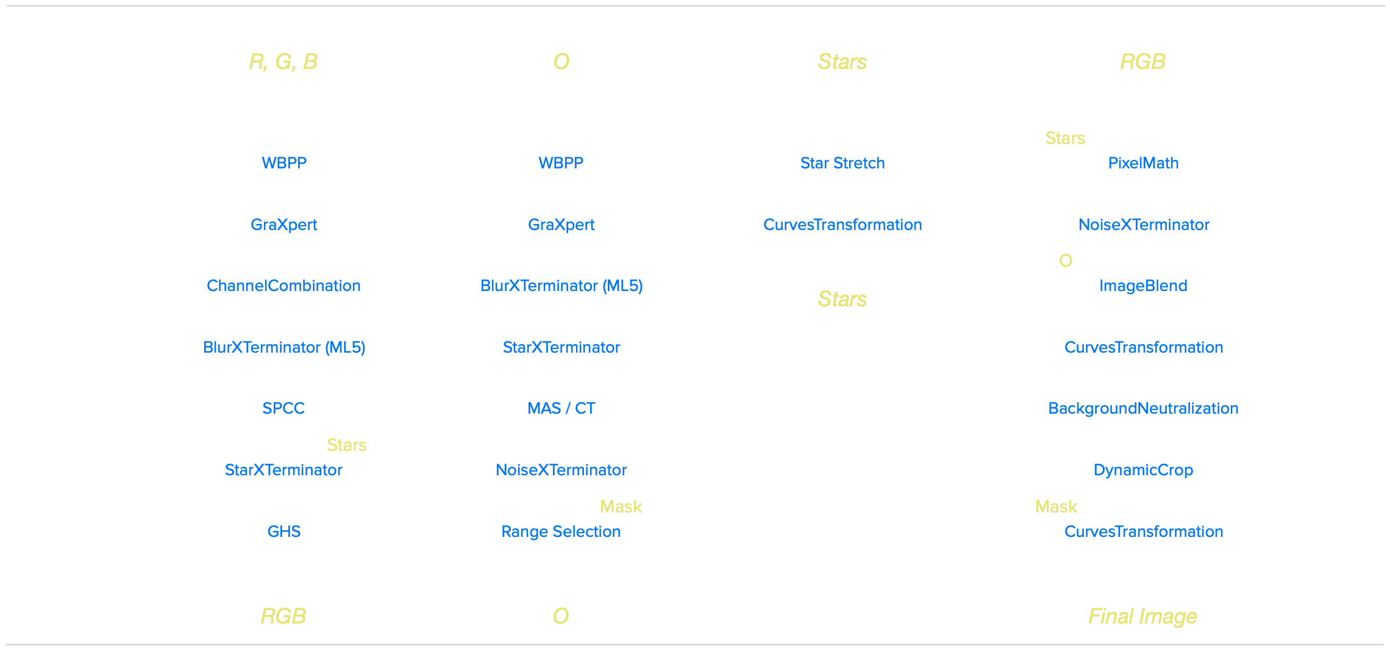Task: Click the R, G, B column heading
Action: point(283,62)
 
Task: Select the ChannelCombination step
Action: point(283,286)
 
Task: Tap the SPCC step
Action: point(283,408)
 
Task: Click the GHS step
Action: point(284,531)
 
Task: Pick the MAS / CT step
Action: point(561,408)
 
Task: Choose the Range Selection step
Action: point(561,531)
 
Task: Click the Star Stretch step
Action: point(843,163)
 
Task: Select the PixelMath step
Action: point(1143,163)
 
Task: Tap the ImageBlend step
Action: point(1143,286)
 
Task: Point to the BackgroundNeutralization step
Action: point(1143,408)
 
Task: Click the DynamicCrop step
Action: point(1143,470)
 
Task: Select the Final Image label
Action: point(1143,616)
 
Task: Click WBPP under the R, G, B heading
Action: point(284,163)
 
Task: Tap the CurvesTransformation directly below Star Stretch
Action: point(843,225)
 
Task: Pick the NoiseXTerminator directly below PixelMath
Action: point(1144,225)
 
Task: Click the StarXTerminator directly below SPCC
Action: point(283,470)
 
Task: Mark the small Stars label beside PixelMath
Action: point(1065,138)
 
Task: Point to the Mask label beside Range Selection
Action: point(621,506)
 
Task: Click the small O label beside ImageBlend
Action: point(1066,261)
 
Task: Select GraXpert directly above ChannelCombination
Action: point(283,225)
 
